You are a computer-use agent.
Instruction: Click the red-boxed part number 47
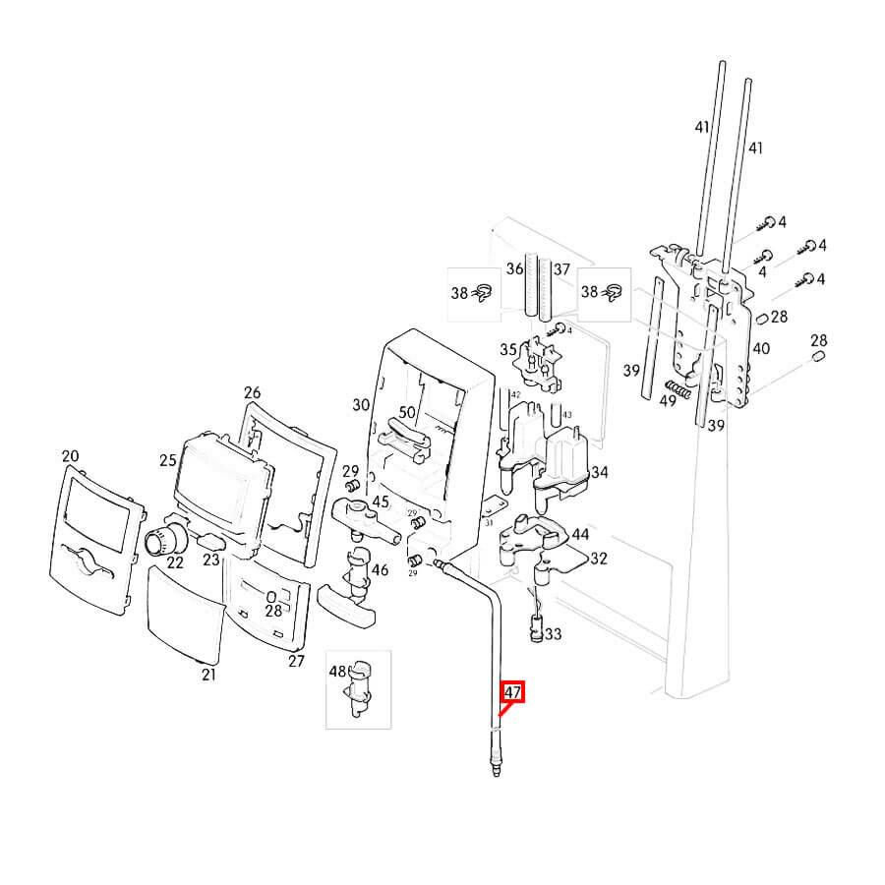click(x=512, y=692)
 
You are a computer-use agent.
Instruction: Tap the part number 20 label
click(x=69, y=456)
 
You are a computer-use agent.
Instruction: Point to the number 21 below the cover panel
click(x=208, y=675)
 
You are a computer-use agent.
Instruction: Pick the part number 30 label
click(x=360, y=404)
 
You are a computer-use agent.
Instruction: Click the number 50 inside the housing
click(x=407, y=413)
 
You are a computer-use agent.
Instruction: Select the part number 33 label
click(x=553, y=635)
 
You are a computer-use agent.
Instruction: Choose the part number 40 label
click(x=761, y=348)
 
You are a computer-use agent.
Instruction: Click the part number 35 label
click(x=508, y=349)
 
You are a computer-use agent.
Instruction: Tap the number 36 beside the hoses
click(x=514, y=268)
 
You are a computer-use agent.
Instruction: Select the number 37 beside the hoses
click(x=561, y=268)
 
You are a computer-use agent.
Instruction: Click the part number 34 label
click(x=599, y=473)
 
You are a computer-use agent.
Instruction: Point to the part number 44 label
click(x=580, y=534)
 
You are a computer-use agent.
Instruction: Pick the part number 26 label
click(x=252, y=390)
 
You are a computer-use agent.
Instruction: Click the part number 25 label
click(x=167, y=459)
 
